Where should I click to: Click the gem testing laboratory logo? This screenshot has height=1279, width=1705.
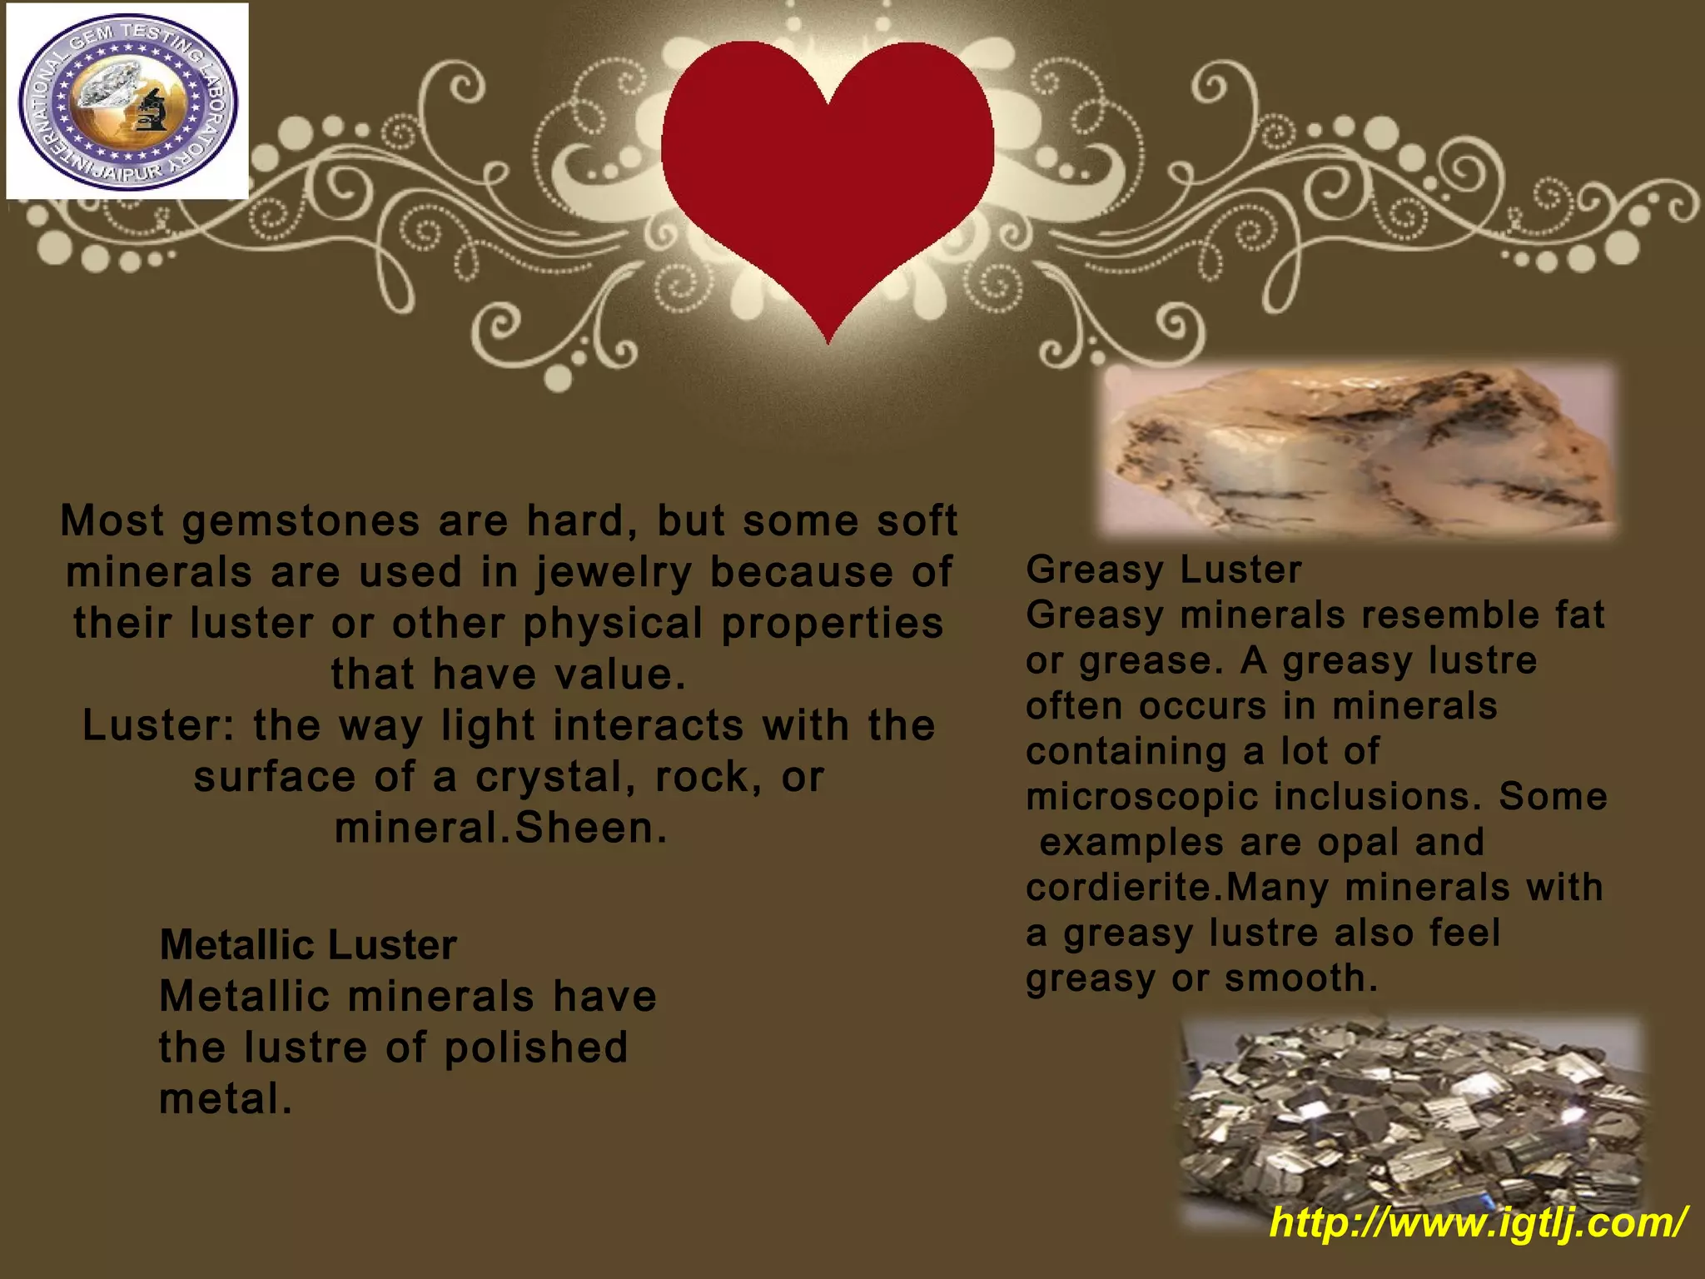[127, 102]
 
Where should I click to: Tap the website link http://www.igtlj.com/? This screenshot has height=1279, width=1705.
[1479, 1222]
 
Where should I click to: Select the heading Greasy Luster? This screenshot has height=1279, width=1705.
[1163, 570]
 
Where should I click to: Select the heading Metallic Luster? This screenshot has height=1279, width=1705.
[308, 945]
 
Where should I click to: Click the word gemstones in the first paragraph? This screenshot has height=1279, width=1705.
[301, 521]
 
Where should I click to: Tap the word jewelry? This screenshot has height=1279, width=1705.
[614, 573]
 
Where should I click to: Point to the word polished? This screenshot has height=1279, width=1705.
[536, 1048]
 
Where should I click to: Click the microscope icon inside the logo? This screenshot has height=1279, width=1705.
[151, 111]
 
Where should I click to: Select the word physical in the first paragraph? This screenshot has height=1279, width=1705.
[612, 625]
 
